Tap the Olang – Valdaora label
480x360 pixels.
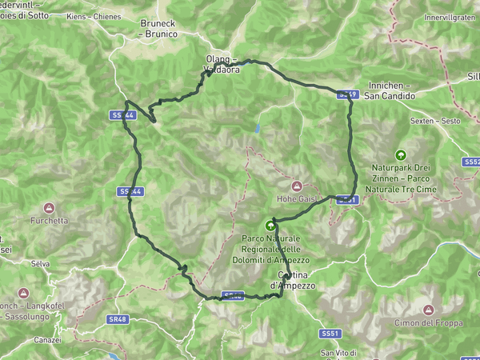tap(222, 64)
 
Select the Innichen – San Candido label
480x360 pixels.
tap(390, 90)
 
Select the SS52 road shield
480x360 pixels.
tap(471, 161)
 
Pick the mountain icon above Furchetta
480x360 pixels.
tap(49, 206)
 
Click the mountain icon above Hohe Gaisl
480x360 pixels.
tap(295, 185)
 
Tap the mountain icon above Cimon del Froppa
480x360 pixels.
tap(428, 309)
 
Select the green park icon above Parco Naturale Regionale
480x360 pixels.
tap(270, 226)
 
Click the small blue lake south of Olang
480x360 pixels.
tap(258, 127)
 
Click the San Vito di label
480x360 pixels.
tap(338, 353)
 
